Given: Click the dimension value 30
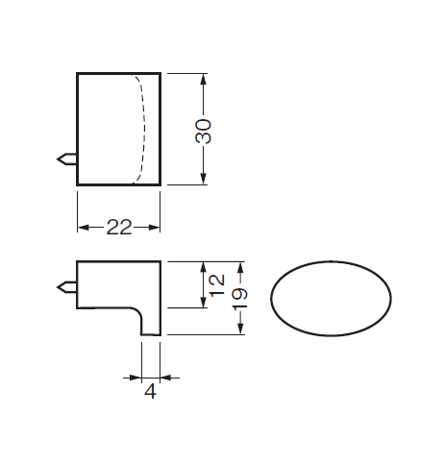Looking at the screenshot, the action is coord(203,132).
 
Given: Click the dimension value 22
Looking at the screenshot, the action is coord(119,228).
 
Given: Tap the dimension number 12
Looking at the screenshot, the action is coord(216,285).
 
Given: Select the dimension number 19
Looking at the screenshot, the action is coord(239,299).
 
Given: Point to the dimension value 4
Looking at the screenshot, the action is coord(150,391).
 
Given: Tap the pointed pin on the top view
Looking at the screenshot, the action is coord(66,159).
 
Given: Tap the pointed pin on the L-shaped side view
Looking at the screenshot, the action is coord(66,287).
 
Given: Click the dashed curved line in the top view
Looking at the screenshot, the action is coord(144,128).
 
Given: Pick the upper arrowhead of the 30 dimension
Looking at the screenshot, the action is coord(203,79).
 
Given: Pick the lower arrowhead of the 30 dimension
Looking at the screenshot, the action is coord(203,179).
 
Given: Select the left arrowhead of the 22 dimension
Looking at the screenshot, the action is coord(84,228).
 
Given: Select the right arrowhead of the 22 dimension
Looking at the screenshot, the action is coord(154,228).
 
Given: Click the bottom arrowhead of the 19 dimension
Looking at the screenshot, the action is coord(241,329).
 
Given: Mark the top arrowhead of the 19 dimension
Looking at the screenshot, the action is coord(241,268).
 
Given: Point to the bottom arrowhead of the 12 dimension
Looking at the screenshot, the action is coord(203,302).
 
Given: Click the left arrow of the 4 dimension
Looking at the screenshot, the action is coord(136,378).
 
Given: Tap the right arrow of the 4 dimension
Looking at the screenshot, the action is coord(166,378).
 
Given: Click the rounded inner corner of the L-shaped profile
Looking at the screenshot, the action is coord(138,310).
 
